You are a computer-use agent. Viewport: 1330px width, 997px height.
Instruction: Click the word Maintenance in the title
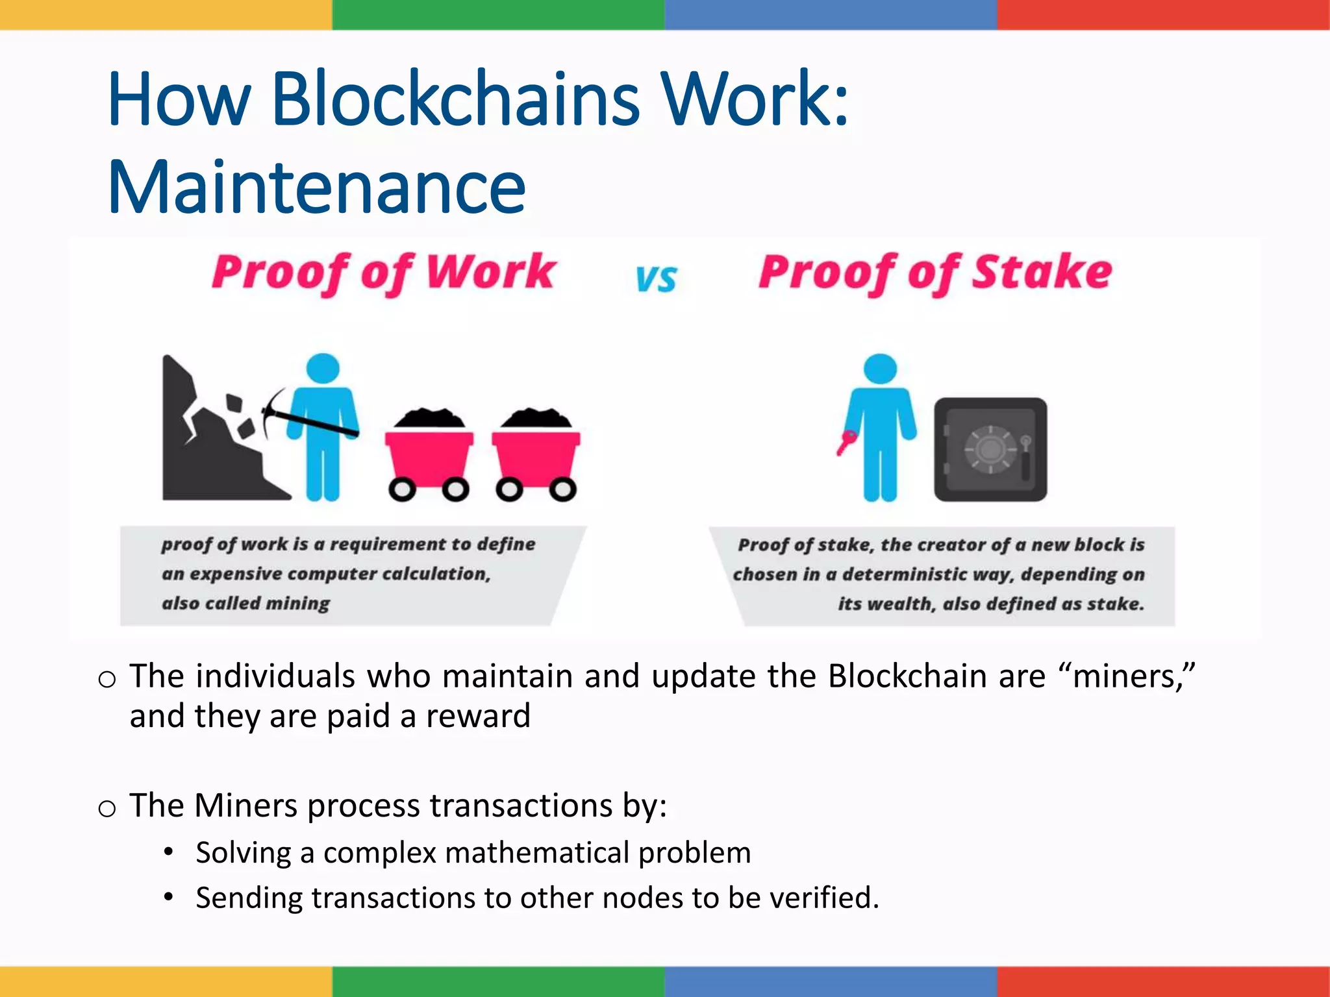tap(316, 188)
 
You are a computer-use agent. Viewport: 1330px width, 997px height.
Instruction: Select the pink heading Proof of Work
tap(383, 273)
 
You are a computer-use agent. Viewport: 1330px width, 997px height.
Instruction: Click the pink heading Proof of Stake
tap(935, 273)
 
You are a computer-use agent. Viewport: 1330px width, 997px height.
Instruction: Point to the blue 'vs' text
tap(656, 279)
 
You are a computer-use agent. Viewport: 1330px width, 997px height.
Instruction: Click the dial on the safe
tap(989, 449)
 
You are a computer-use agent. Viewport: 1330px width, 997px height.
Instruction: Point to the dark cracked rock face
tap(208, 448)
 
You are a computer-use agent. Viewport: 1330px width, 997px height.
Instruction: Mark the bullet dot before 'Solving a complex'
tap(169, 852)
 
